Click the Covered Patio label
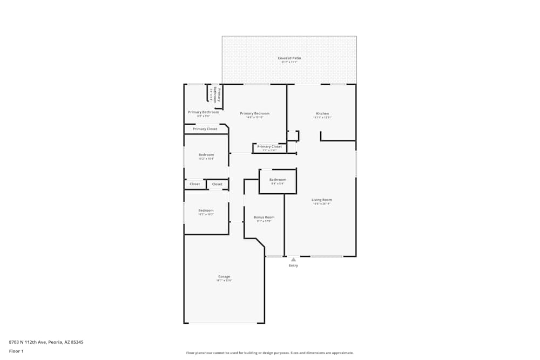[x=289, y=58]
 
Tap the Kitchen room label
[x=322, y=113]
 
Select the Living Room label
[x=321, y=200]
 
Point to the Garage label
[x=224, y=276]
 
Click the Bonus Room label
[x=264, y=217]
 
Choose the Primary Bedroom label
[x=254, y=113]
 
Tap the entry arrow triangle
[x=293, y=260]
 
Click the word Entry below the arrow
[x=293, y=266]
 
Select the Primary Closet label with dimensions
[x=269, y=147]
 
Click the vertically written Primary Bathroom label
[x=215, y=94]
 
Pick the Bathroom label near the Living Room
[x=278, y=180]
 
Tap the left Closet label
[x=195, y=184]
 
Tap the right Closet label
[x=217, y=184]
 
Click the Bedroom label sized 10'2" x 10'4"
[x=206, y=155]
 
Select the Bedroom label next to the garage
[x=206, y=210]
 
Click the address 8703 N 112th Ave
[x=46, y=342]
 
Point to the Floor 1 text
[x=16, y=351]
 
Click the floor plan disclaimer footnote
[x=270, y=353]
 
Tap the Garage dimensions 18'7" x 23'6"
[x=224, y=281]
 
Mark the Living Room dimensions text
[x=321, y=204]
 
